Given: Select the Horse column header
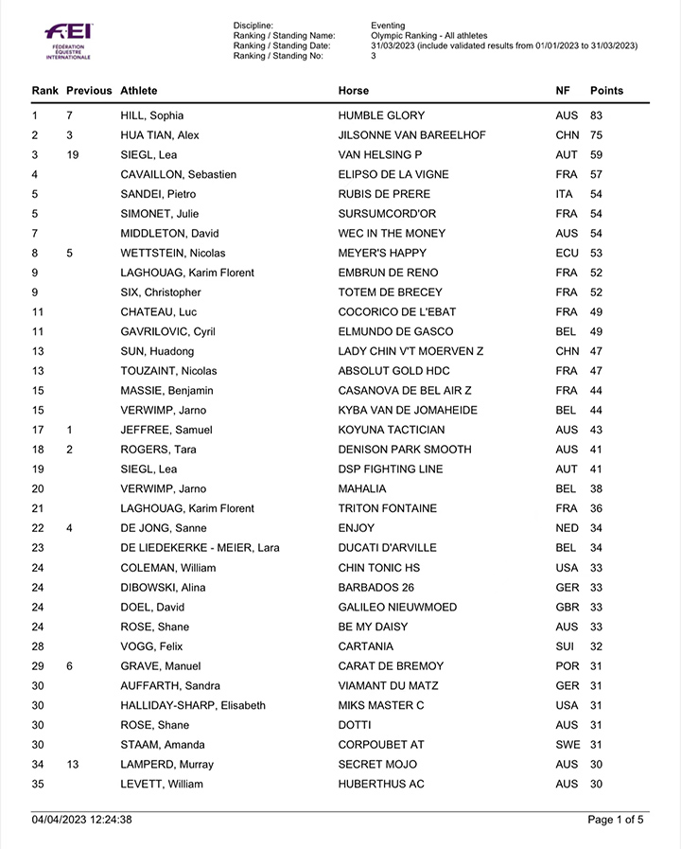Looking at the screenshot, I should tap(354, 91).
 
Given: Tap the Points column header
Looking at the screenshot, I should tap(606, 91).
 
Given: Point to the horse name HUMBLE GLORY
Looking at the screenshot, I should tap(381, 115).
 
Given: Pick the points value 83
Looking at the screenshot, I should tap(596, 115).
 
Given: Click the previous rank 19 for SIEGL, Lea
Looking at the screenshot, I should tap(73, 154).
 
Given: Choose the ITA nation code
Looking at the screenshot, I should tap(565, 194).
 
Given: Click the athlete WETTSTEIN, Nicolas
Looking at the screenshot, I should tap(171, 253).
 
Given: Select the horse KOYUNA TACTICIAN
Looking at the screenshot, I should tap(391, 430).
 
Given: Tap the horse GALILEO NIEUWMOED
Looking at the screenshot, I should tap(397, 607).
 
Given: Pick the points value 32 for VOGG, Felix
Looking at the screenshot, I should tap(596, 646).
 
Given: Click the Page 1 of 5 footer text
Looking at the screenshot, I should tap(616, 820).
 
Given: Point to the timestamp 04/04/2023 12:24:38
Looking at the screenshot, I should tap(81, 820).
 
